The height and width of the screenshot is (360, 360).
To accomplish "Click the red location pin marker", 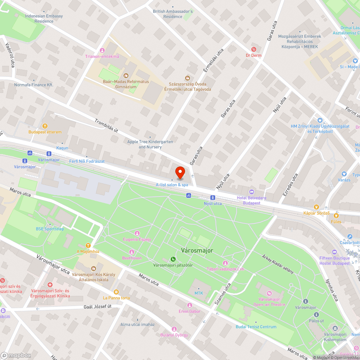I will pyautogui.click(x=180, y=172).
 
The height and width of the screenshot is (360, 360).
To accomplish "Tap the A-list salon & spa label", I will pyautogui.click(x=172, y=185).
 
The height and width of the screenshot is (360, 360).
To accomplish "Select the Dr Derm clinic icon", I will pyautogui.click(x=253, y=49).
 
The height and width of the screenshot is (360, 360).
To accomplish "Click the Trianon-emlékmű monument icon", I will pyautogui.click(x=102, y=50).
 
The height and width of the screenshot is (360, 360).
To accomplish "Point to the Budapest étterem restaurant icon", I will pyautogui.click(x=45, y=126).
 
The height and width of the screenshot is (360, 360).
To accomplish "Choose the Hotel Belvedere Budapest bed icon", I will pyautogui.click(x=251, y=191).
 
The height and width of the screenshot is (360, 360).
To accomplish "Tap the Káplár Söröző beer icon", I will pyautogui.click(x=316, y=207).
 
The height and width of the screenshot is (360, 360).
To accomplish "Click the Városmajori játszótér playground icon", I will pyautogui.click(x=173, y=259).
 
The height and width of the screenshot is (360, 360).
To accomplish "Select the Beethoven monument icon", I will pyautogui.click(x=132, y=252).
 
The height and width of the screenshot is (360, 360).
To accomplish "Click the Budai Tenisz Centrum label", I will pyautogui.click(x=256, y=327).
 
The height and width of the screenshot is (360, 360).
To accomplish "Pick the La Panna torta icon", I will pyautogui.click(x=116, y=292).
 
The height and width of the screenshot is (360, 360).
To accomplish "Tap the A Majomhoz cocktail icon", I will pyautogui.click(x=88, y=245).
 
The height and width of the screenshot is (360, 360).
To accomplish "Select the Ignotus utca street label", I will pyautogui.click(x=332, y=290).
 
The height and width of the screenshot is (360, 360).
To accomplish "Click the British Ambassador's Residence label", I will pyautogui.click(x=173, y=14).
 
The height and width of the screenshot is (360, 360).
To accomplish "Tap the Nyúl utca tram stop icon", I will pyautogui.click(x=213, y=197).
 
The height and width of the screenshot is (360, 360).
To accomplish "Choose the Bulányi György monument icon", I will pyautogui.click(x=174, y=329).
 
